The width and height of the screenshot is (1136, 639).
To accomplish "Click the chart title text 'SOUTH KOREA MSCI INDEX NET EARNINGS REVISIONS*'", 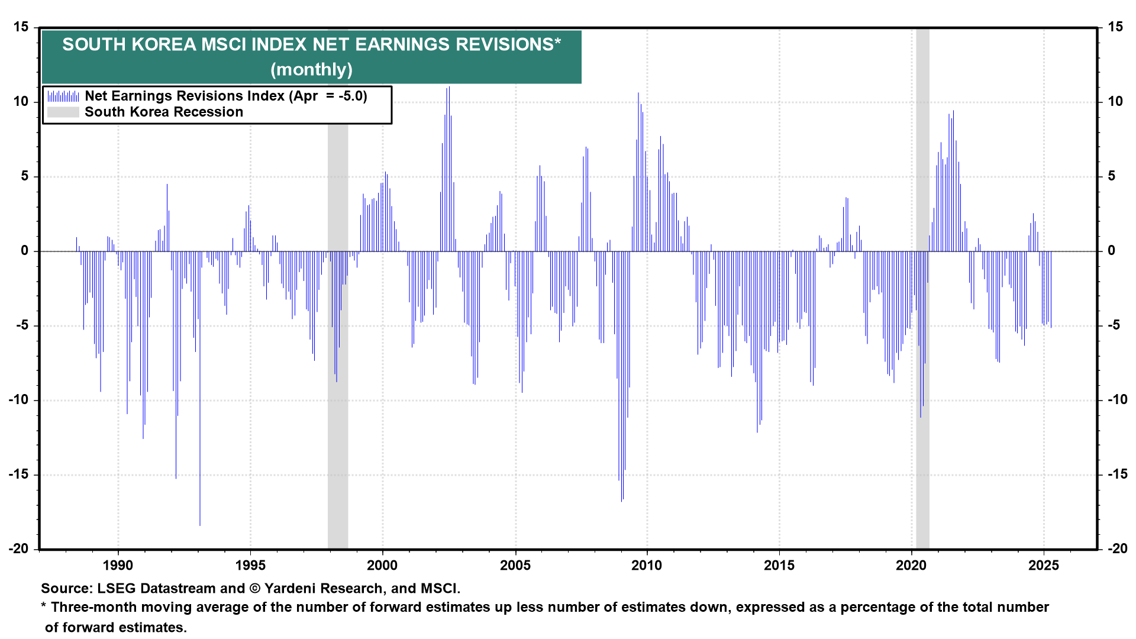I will coord(311,44).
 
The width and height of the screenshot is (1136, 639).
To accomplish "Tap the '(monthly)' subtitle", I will coord(311,69).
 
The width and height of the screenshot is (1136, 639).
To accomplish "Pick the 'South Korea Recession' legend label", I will coord(164,112).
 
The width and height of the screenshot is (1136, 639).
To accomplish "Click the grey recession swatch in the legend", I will coord(63,112).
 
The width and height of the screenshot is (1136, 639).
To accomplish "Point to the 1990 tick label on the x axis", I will coord(118,565).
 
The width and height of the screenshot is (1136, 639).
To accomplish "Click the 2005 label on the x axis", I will coord(515,565).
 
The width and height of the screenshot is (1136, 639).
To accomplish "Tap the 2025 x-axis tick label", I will coord(1044,565).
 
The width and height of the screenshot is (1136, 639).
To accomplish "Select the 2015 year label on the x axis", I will coord(779,565).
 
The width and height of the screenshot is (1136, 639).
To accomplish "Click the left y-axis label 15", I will coord(21,27).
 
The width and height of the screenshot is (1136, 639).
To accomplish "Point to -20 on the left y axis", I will coord(18,548).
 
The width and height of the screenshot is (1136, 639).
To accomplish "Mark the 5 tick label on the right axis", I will coord(1112,176).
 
